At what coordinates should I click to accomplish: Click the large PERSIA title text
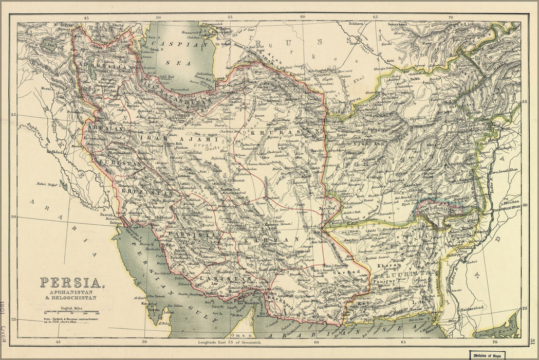tap(70, 283)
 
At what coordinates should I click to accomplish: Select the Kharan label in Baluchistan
tap(385, 265)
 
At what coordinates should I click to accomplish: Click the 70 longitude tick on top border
tap(451, 17)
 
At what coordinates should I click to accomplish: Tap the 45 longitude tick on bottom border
tap(58, 341)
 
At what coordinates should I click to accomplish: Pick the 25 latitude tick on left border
tap(14, 319)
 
